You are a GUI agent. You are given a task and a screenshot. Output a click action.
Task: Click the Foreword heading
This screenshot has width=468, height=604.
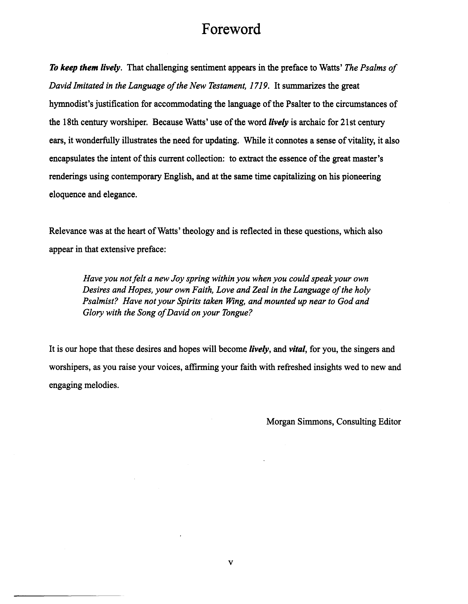(x=231, y=29)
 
